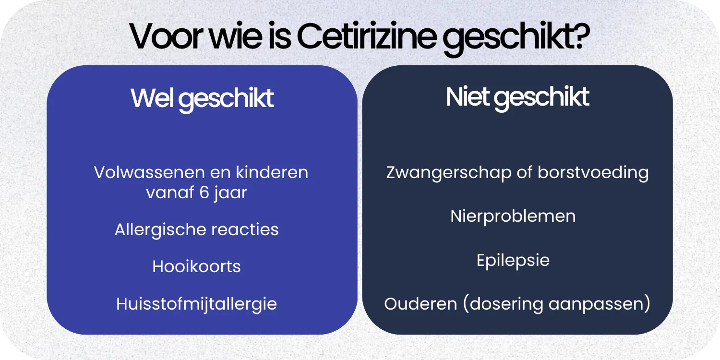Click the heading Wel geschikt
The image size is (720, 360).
pos(202,98)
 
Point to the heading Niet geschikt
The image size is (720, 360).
pos(517,97)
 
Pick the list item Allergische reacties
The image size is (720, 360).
pos(197,229)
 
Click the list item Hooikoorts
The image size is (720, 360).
pos(197,266)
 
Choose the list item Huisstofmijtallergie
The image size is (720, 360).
pos(197,304)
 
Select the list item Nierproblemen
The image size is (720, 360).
pos(513,216)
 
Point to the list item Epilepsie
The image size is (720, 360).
pos(513,261)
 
